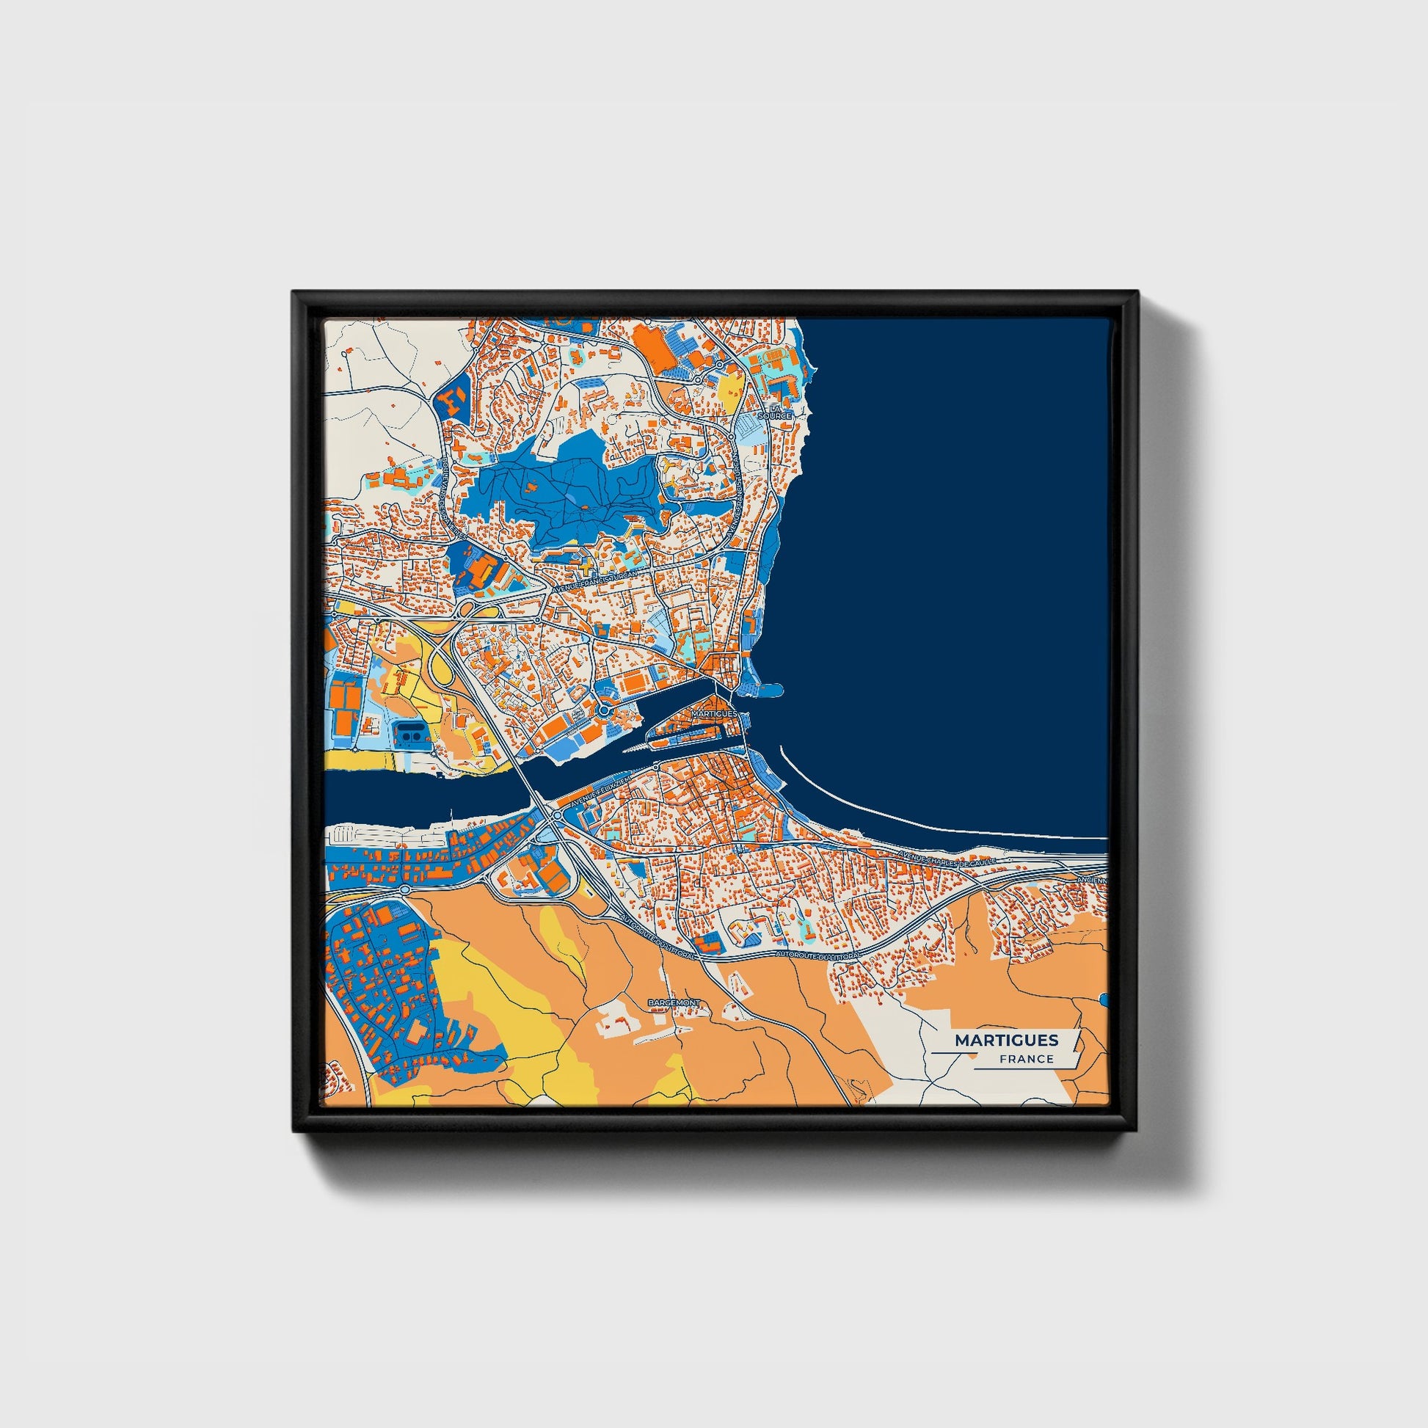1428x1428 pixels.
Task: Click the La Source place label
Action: (x=779, y=412)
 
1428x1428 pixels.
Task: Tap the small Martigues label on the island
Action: (x=715, y=714)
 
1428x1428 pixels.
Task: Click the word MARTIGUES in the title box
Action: (x=1006, y=1040)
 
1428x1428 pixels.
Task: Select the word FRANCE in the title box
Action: (x=1026, y=1058)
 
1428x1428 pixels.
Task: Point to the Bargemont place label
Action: (x=673, y=1002)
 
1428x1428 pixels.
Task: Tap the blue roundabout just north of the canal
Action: (x=605, y=710)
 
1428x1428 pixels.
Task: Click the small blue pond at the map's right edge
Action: (x=1104, y=1000)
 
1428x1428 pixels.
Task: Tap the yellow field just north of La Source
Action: (x=729, y=386)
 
